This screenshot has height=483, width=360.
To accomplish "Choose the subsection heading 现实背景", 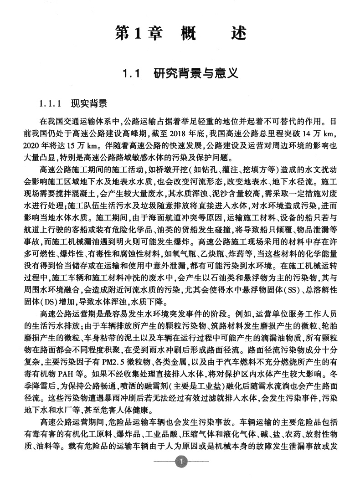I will pyautogui.click(x=89, y=103).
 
